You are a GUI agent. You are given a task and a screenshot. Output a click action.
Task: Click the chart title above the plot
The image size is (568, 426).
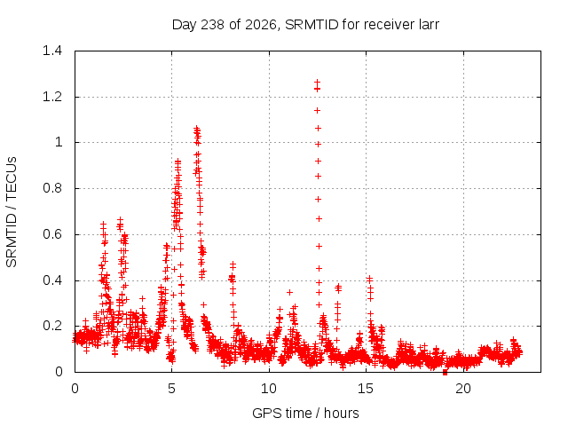coord(305,25)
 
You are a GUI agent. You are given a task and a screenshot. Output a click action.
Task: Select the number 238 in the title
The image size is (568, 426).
coord(213,25)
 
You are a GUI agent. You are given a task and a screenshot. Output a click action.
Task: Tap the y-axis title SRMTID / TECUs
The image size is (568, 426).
coord(12,212)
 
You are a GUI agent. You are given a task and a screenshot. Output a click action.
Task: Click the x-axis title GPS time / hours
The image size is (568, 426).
coord(305,413)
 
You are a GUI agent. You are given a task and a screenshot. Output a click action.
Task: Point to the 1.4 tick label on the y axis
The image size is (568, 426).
coord(52,51)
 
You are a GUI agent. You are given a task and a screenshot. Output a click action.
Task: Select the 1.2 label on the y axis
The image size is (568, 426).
coord(52,97)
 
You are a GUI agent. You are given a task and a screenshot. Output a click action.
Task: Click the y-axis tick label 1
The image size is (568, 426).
coord(59,142)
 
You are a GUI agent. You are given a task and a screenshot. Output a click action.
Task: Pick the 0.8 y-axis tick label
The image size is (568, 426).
coord(52,188)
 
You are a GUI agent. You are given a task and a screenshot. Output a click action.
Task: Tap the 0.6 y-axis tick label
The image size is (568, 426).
coord(52,234)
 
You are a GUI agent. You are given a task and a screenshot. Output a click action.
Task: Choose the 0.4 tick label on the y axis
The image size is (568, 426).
coord(52,280)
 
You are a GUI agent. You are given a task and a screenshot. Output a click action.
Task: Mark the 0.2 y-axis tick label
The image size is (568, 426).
coord(52,326)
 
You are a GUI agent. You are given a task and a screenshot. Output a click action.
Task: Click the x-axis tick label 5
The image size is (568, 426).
coord(171,389)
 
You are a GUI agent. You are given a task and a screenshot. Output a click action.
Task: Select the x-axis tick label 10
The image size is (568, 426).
coord(269,389)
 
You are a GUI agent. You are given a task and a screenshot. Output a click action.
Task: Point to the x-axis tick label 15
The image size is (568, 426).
coord(366,389)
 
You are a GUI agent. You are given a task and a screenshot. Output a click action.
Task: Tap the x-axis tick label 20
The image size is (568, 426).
coord(463,389)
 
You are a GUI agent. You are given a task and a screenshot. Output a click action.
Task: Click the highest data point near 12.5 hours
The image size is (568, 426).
coord(318,83)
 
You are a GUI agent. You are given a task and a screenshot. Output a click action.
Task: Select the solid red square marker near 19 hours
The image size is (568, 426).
coord(445,373)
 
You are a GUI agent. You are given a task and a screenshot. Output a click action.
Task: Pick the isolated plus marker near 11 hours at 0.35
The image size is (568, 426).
coord(289,292)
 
